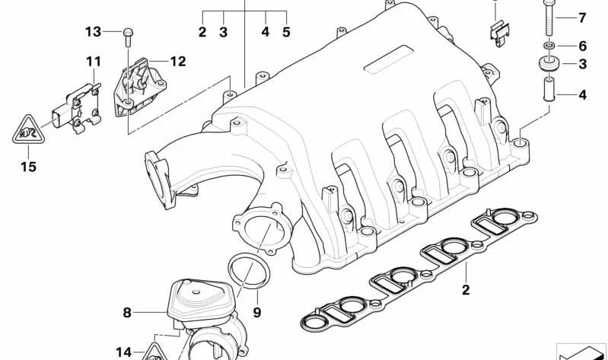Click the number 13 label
[x=92, y=32]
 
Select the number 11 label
[x=93, y=61]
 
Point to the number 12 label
[x=177, y=61]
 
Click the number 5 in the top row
[x=286, y=32]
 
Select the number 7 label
[x=582, y=18]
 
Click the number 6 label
[x=582, y=46]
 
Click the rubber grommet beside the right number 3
[x=547, y=64]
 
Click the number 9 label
[x=256, y=311]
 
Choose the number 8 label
[x=127, y=311]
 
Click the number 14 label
[x=124, y=352]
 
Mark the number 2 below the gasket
[x=466, y=289]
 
